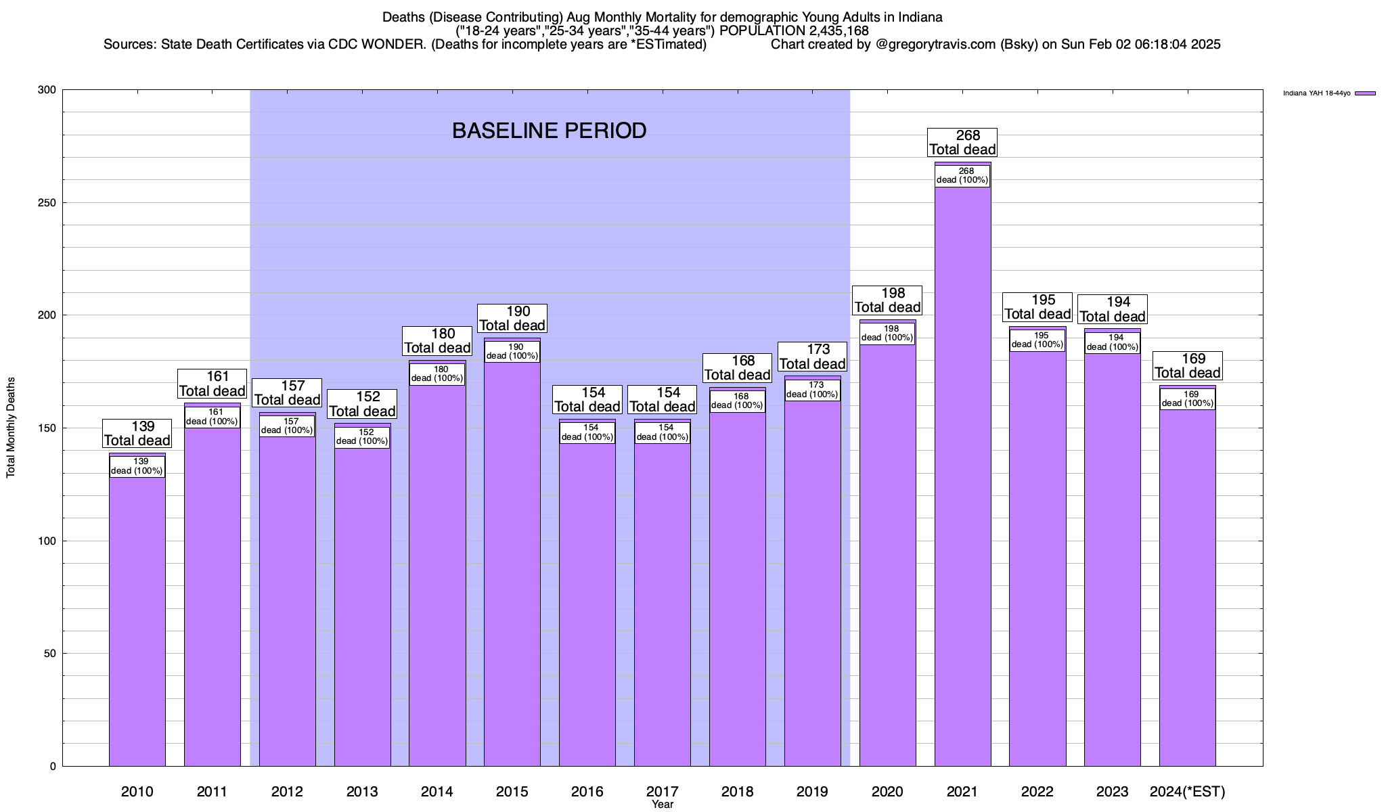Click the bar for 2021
962,474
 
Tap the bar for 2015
512,562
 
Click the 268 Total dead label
962,143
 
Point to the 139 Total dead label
137,434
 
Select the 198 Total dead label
887,300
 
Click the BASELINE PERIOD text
549,131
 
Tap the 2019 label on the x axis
812,791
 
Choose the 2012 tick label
287,791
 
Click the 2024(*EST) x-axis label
1188,791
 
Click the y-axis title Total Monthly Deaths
11,428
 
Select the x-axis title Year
663,805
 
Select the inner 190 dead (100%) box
512,352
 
